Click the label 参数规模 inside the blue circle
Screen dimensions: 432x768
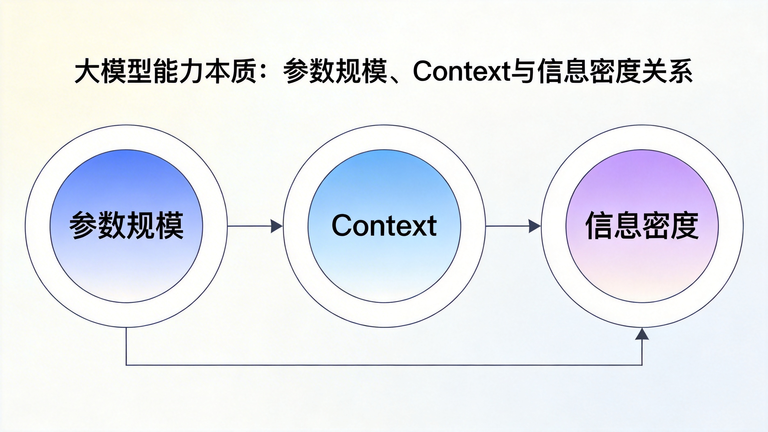coord(126,225)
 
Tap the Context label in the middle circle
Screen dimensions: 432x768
coord(384,225)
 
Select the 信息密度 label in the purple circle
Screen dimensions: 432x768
coord(642,225)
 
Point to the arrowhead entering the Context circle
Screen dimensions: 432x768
coord(276,226)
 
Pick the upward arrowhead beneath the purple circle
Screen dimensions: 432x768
coord(642,334)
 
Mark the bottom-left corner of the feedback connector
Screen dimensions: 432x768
coord(126,365)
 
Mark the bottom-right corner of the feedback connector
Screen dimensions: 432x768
coord(642,365)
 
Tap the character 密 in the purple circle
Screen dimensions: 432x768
coord(656,225)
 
